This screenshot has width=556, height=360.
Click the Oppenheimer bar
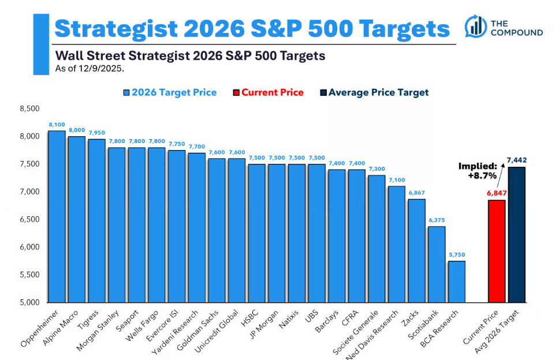[x=57, y=216]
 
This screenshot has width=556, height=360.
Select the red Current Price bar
[x=497, y=251]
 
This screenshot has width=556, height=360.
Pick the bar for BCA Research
[x=457, y=282]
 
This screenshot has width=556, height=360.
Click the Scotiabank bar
[x=436, y=264]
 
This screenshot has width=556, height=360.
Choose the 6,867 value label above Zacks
[x=416, y=193]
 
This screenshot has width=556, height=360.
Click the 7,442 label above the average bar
[x=517, y=160]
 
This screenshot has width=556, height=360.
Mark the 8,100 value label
[x=57, y=124]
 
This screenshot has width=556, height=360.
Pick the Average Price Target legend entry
[x=374, y=92]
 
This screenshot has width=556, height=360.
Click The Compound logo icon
[x=476, y=26]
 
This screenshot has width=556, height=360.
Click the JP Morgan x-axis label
[x=270, y=324]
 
